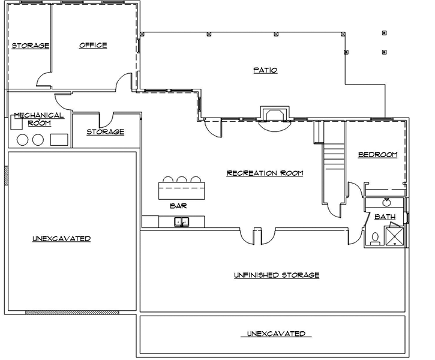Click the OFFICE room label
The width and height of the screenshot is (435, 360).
click(93, 45)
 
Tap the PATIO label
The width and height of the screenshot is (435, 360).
click(265, 70)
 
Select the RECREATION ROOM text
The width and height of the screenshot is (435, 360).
click(265, 173)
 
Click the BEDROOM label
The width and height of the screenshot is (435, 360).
click(377, 155)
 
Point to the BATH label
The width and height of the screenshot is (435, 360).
click(385, 217)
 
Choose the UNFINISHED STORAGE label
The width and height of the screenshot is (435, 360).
click(276, 275)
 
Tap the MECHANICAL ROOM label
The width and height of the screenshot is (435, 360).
click(38, 119)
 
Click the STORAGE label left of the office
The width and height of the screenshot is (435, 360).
click(30, 46)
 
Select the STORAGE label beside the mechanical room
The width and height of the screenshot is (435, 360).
click(105, 131)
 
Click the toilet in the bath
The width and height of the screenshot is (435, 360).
click(375, 238)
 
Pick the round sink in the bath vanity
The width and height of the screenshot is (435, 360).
click(387, 202)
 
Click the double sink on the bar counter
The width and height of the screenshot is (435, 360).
click(181, 223)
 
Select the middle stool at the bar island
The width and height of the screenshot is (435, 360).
click(182, 179)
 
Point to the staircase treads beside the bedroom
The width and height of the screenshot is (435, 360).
click(333, 157)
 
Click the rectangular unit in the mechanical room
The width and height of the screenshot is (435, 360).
click(59, 140)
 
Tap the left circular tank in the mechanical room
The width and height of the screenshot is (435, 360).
click(23, 140)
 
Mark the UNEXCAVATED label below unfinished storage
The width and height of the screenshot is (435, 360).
click(276, 334)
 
